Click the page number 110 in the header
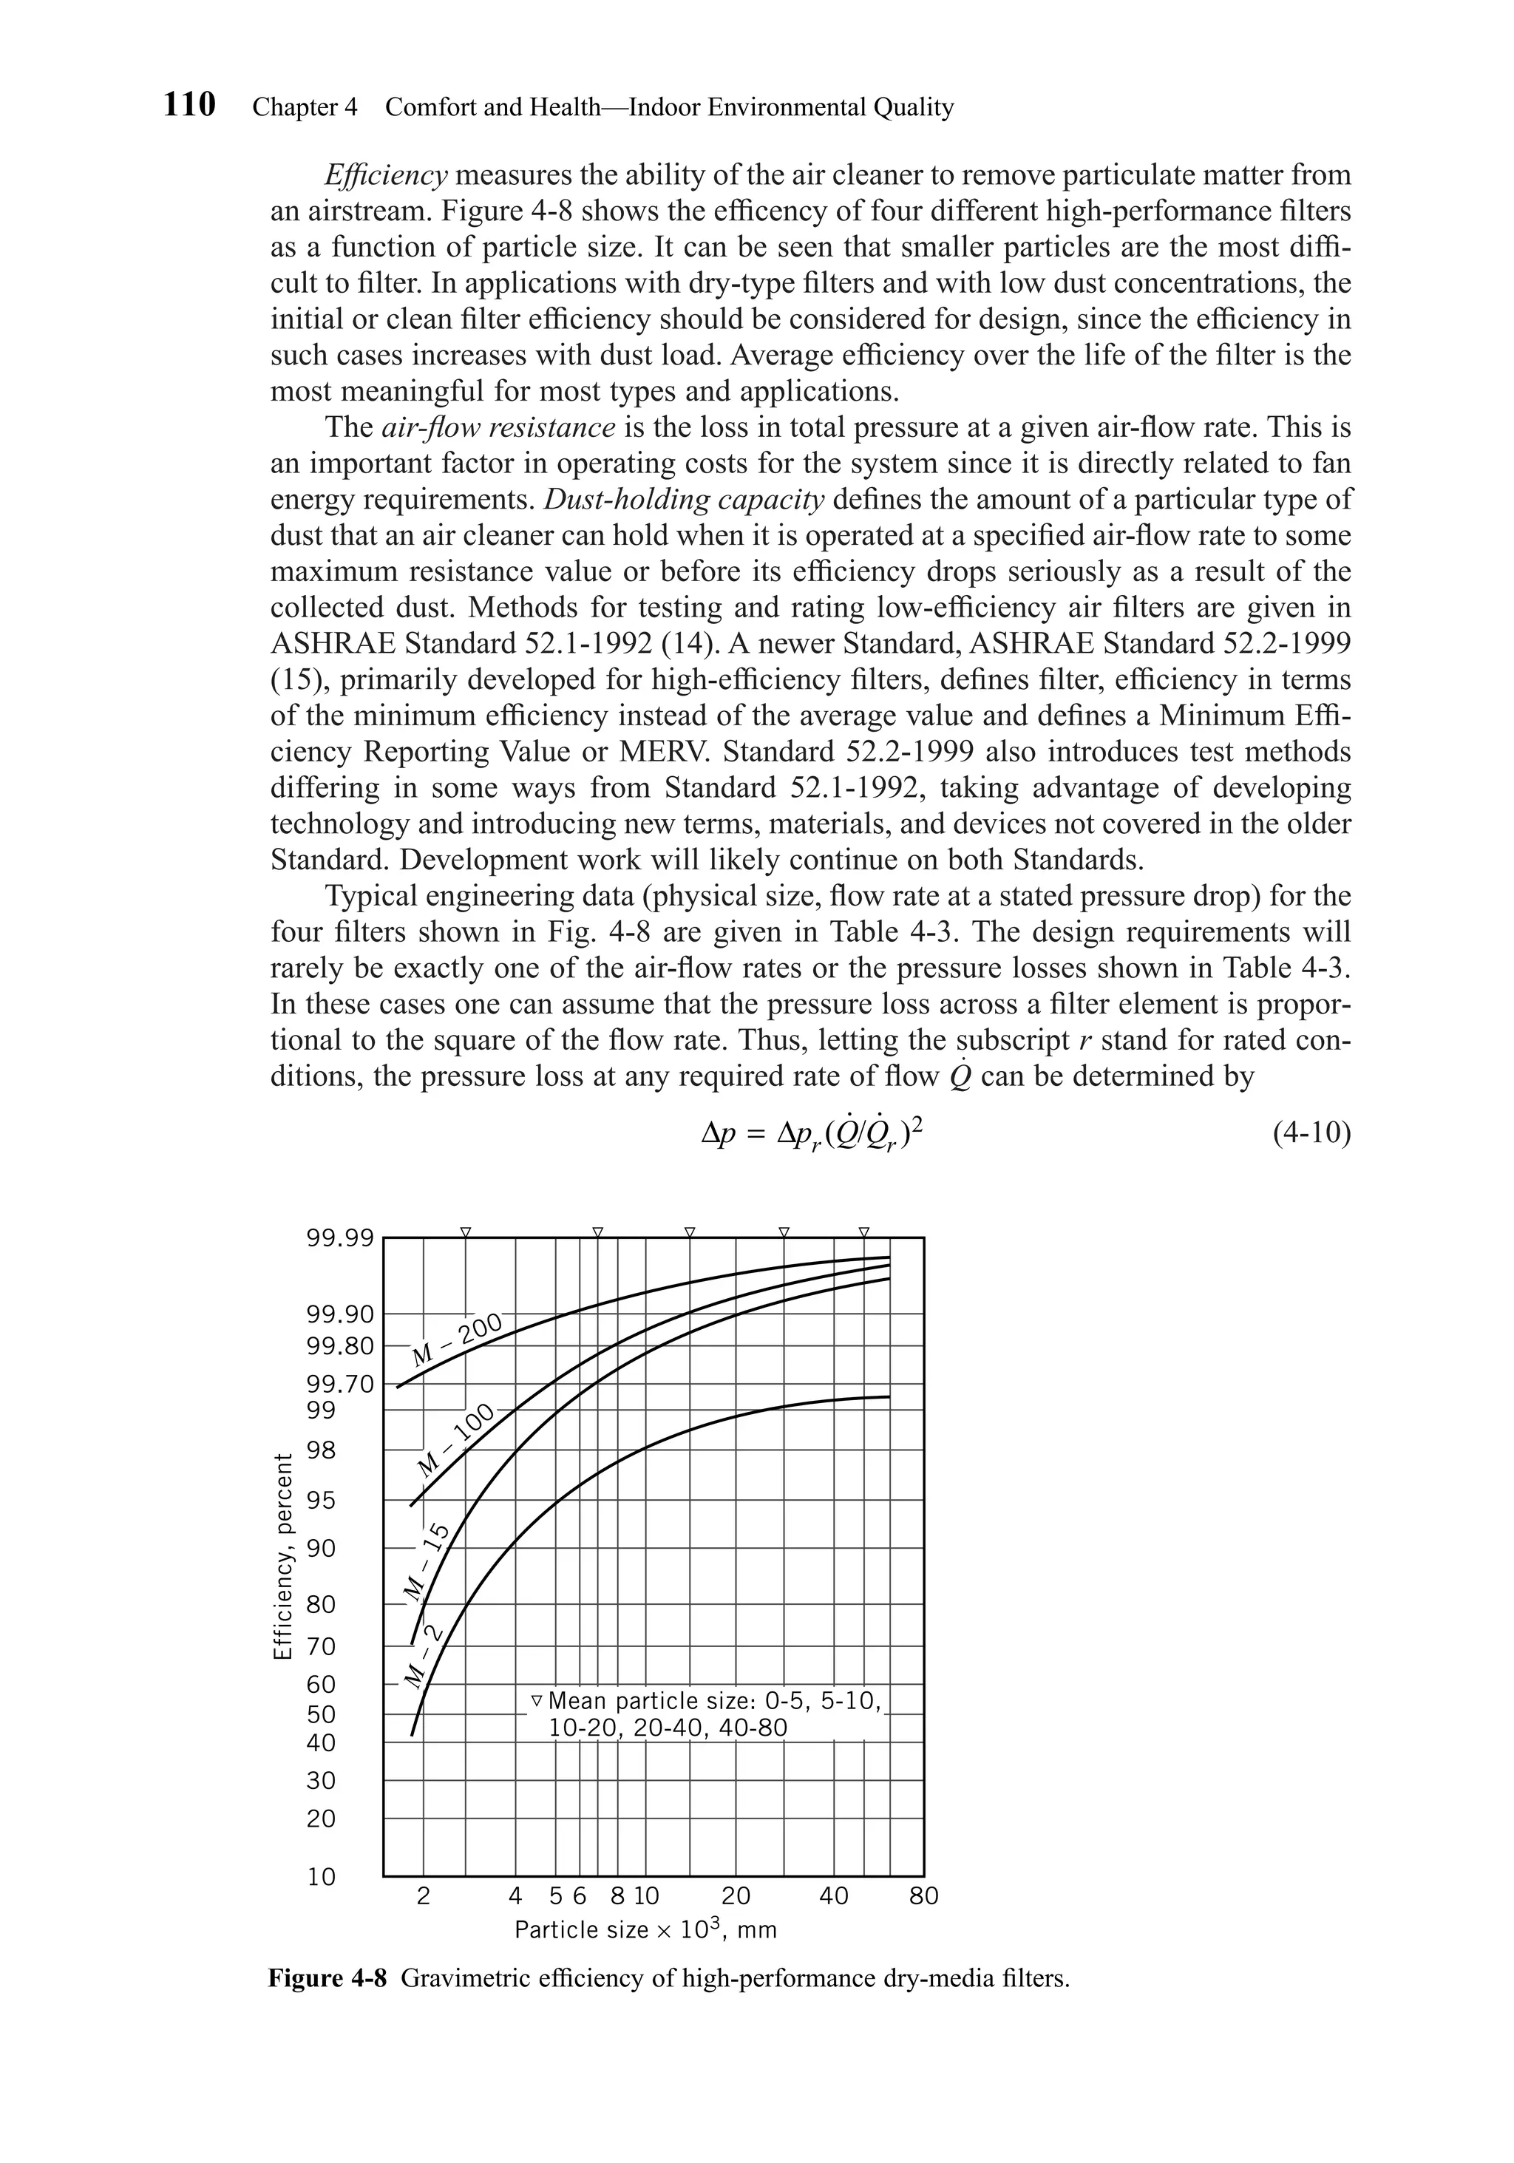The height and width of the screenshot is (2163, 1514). coord(189,104)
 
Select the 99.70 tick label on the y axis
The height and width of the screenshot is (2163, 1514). coord(339,1384)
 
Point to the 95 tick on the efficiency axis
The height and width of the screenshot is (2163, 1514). coord(322,1500)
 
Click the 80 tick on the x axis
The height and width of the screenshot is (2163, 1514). coord(923,1895)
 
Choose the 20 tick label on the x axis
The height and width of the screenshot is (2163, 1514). coord(736,1895)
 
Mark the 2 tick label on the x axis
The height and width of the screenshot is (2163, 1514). coord(423,1895)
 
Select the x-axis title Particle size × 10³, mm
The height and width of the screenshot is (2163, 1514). coord(645,1929)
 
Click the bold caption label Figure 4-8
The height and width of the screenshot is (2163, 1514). coord(327,1977)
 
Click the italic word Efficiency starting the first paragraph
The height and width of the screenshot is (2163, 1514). coord(385,175)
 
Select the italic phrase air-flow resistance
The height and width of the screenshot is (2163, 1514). coord(498,428)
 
